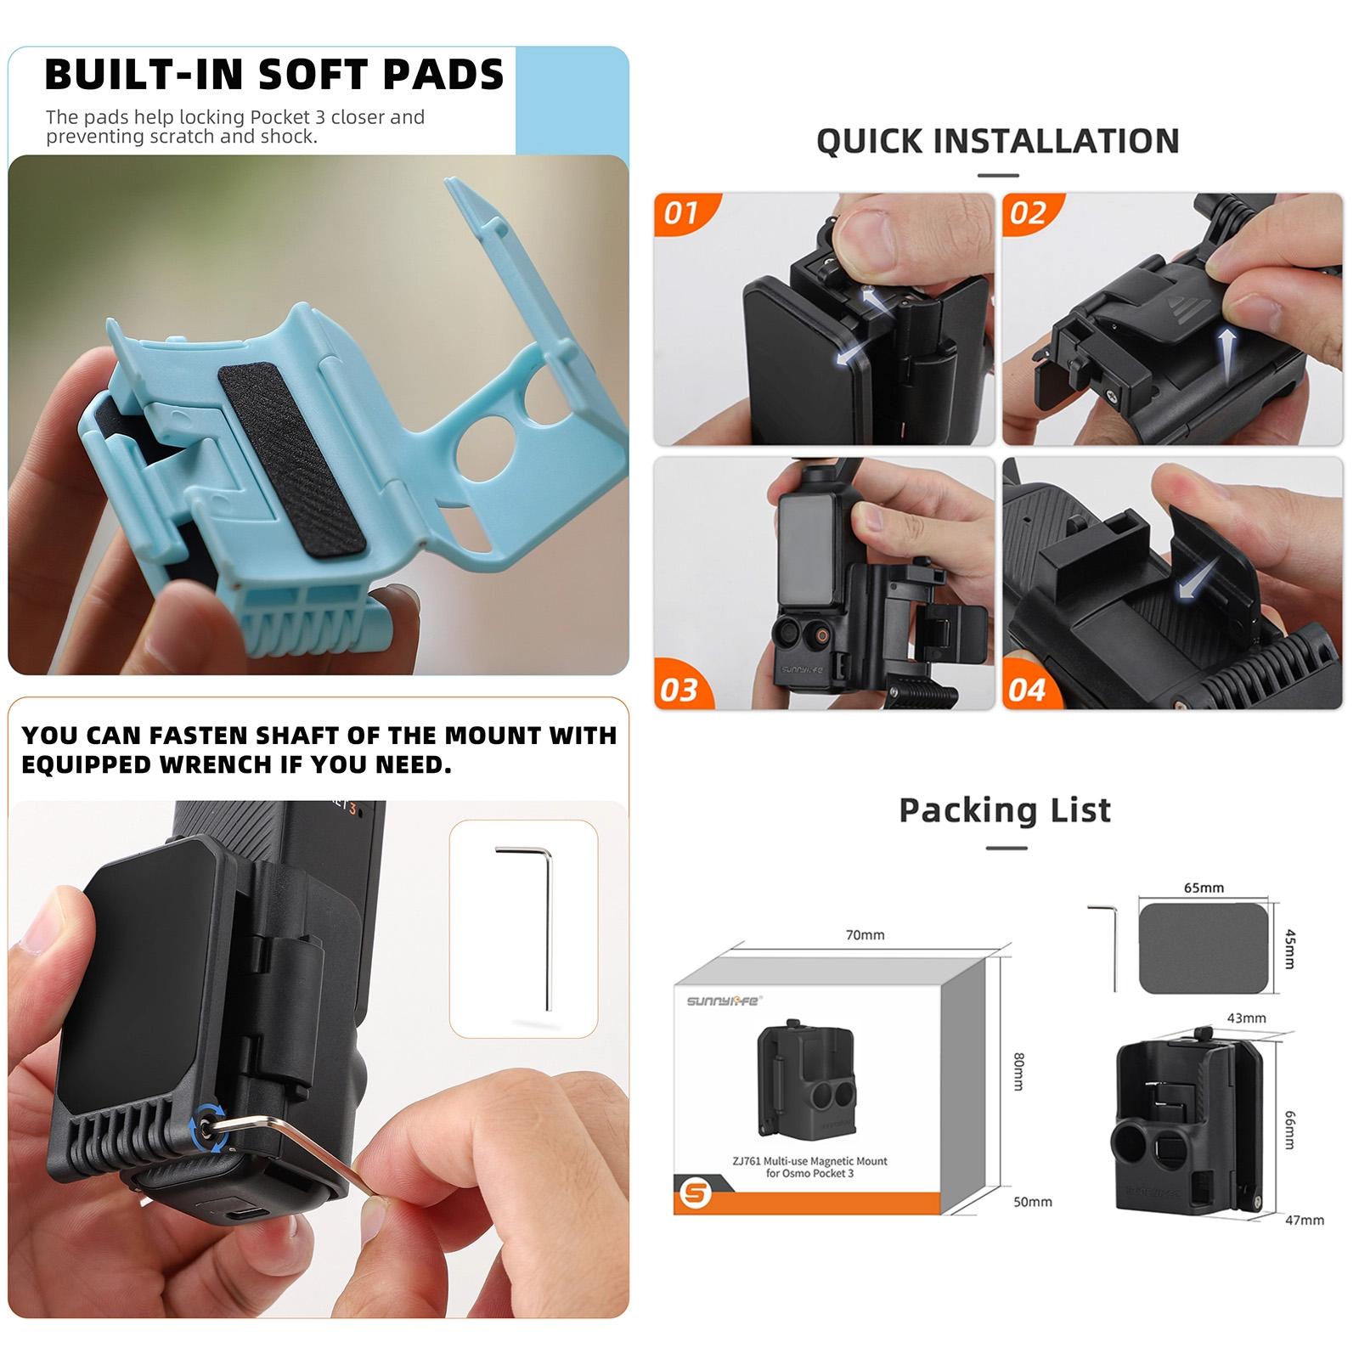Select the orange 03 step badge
click(679, 689)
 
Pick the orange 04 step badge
click(1028, 689)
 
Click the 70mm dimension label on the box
click(865, 934)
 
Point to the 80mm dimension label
click(1019, 1071)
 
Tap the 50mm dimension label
click(1033, 1202)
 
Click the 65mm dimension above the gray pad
click(1204, 888)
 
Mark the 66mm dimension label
click(1290, 1130)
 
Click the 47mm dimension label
click(1305, 1220)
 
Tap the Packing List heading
click(1005, 810)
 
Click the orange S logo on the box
click(696, 1193)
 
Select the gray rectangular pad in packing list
click(1204, 947)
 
